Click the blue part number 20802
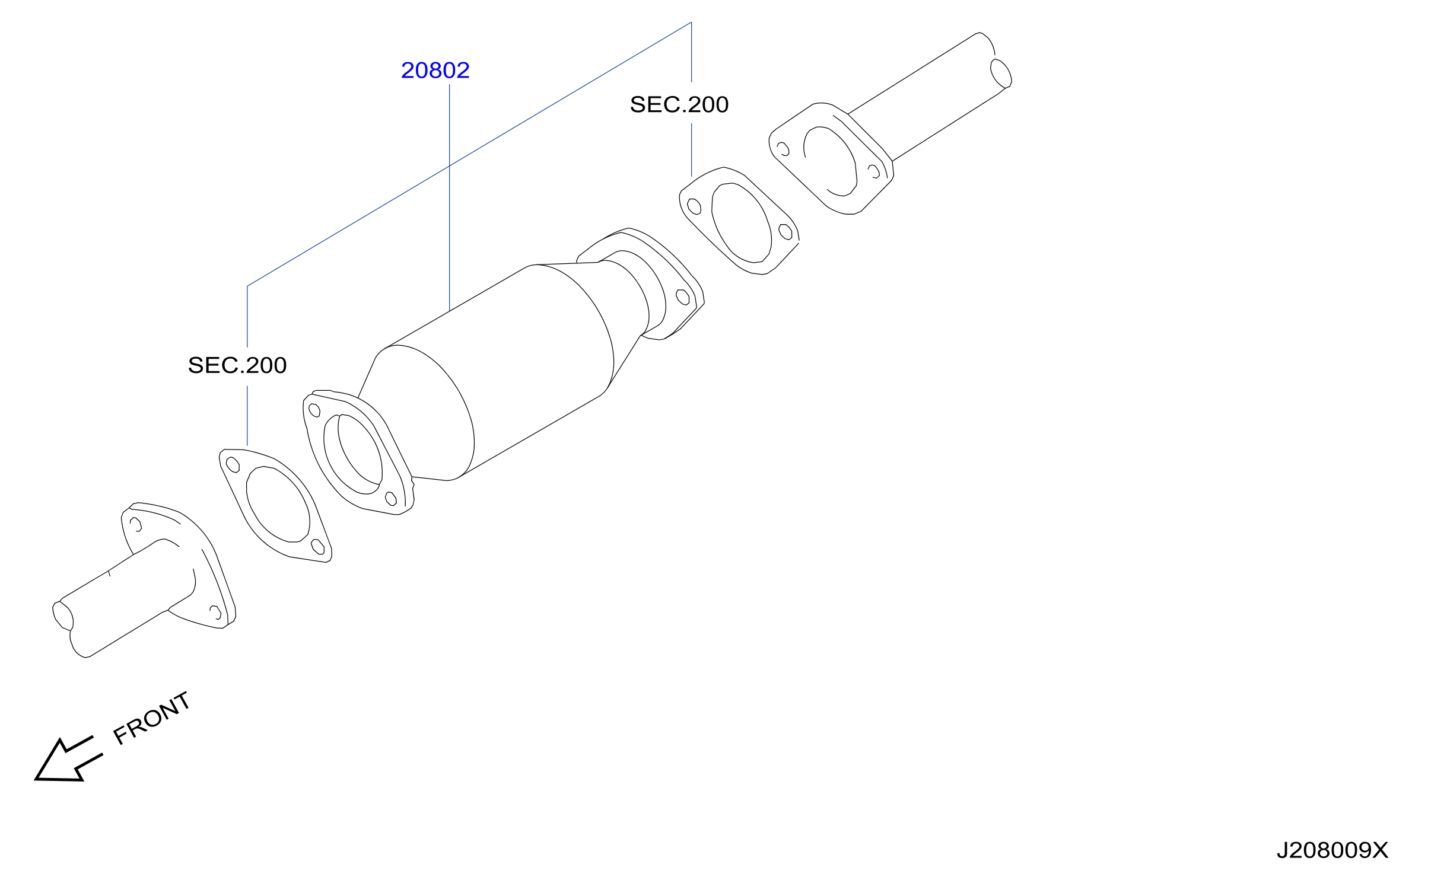tap(435, 71)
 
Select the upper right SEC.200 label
tap(679, 104)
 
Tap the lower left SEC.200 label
tap(237, 365)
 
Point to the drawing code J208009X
tap(1332, 850)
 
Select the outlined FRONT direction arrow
tap(68, 760)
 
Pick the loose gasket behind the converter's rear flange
tap(739, 221)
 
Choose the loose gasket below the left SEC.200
tap(275, 505)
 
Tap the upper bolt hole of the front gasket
tap(233, 465)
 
